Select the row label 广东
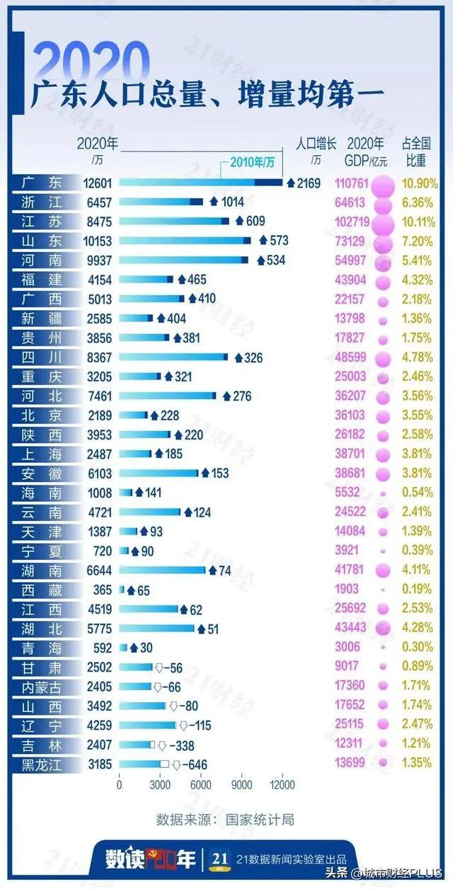coord(47,183)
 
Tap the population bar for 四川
coord(173,358)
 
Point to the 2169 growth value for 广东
coord(309,183)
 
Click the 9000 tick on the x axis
coord(241,784)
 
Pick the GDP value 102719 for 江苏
coord(349,222)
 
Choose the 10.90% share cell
coord(416,183)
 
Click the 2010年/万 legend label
coord(252,163)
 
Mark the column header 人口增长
coord(316,142)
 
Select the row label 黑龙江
coord(47,764)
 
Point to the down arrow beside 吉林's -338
coord(161,745)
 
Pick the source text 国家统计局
coord(259,820)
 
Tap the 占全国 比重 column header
coord(416,151)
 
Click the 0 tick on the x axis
coord(119,784)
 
